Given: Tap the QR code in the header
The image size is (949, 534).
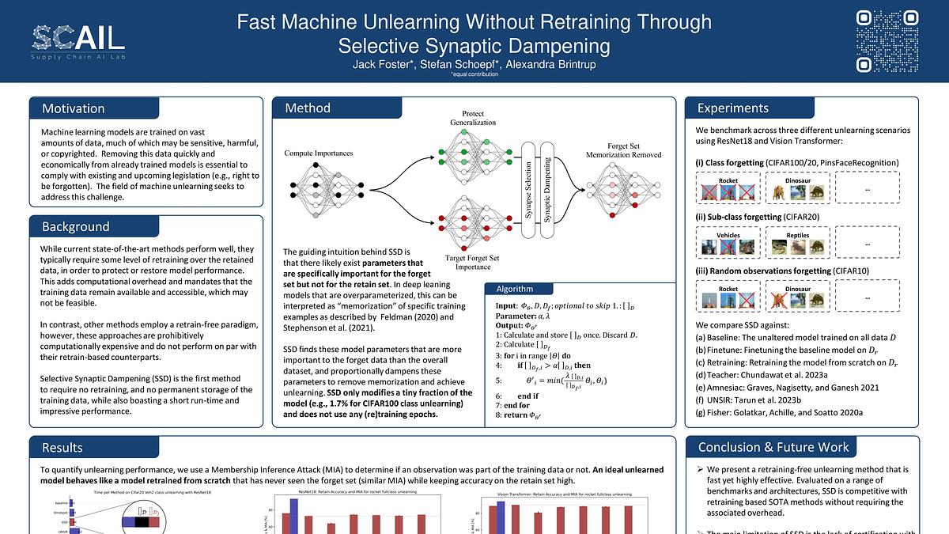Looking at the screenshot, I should point(889,41).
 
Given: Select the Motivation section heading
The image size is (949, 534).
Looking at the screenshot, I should point(73,108).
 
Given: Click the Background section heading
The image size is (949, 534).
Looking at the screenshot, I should point(75,226).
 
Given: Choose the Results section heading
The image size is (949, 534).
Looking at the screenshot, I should point(62,447).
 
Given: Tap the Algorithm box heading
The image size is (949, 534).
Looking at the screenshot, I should point(514,289).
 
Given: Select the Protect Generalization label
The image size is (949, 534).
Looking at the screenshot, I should point(473,117).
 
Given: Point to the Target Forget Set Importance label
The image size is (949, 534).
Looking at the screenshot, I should point(472,262).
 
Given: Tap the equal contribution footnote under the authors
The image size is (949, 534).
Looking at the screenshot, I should point(474,74).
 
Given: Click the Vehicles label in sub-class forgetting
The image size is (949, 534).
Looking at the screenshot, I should point(728,235).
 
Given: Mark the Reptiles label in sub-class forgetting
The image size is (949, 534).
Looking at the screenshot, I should point(798,235).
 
